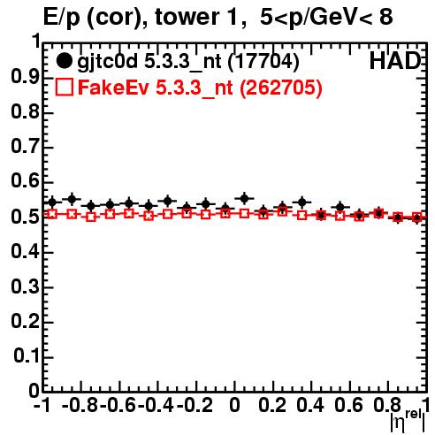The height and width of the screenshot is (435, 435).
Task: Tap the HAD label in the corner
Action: click(395, 61)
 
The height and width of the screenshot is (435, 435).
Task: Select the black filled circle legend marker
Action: click(64, 61)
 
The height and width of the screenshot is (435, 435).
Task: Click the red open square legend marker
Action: click(64, 87)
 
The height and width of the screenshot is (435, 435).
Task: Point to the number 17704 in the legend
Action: click(263, 61)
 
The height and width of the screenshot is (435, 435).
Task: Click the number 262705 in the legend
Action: click(281, 88)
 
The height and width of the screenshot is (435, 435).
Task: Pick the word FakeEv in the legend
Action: click(113, 88)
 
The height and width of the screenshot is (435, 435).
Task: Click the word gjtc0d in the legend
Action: click(108, 62)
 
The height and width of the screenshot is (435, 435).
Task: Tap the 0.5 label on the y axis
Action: click(25, 217)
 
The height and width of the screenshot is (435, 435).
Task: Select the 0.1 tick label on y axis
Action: click(27, 356)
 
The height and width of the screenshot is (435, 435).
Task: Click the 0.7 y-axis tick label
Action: click(25, 147)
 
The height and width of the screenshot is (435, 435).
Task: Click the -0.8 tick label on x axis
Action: click(80, 405)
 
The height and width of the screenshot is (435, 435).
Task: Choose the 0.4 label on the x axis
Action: click(310, 405)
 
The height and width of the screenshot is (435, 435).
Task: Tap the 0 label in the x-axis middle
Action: click(234, 405)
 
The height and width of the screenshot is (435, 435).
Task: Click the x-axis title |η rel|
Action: click(408, 422)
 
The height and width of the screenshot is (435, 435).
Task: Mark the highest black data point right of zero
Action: click(244, 198)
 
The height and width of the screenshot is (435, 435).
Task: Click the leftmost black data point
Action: click(52, 202)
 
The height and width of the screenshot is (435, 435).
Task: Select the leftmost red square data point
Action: click(52, 214)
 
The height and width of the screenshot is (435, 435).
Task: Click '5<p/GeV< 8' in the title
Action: click(326, 17)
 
